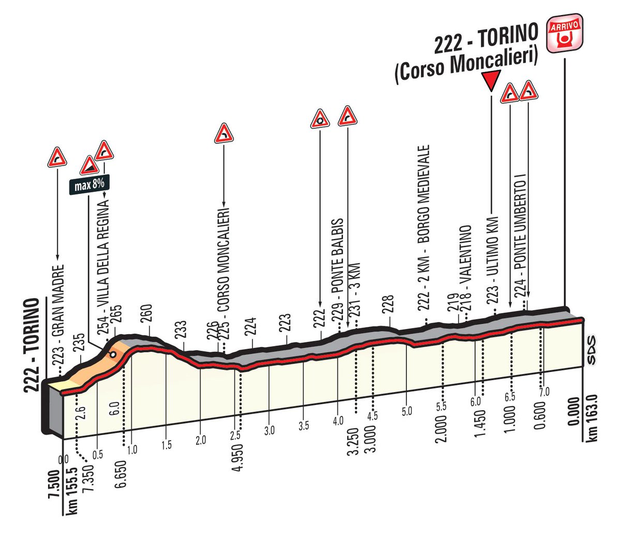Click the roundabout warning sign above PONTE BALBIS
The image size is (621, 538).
(x=320, y=118)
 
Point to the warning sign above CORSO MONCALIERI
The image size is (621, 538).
(x=224, y=133)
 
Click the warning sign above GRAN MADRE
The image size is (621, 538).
(x=57, y=157)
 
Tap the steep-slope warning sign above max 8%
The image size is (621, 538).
(x=89, y=167)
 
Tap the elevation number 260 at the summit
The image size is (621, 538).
(x=146, y=314)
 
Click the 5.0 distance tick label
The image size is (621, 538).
(x=406, y=412)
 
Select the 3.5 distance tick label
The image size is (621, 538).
(x=304, y=425)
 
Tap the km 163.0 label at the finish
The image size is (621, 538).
(x=594, y=418)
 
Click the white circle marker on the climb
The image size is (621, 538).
(x=112, y=355)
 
